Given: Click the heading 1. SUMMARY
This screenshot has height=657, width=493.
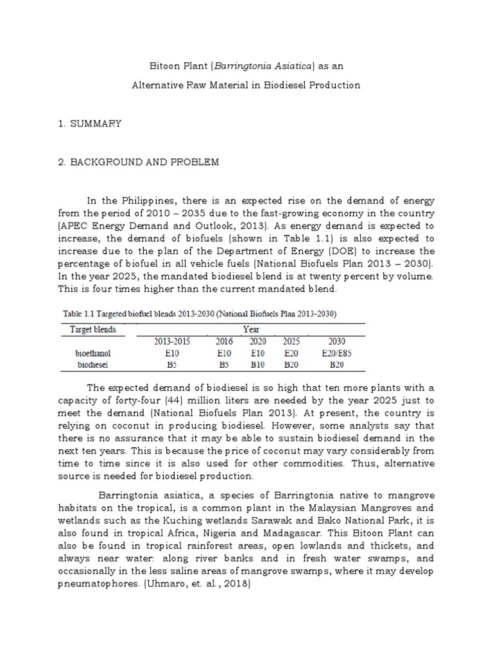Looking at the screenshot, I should point(89,123).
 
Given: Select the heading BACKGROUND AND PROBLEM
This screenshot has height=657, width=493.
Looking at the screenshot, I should point(144,162).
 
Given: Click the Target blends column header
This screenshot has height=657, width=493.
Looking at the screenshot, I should point(89,329).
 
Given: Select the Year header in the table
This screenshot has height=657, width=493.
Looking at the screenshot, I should point(251,329).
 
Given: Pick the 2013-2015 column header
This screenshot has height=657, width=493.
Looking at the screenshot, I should point(173,341).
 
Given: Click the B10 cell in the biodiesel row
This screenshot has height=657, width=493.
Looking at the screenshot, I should point(259,364).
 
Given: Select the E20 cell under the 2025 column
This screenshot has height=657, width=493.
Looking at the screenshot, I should point(291,353).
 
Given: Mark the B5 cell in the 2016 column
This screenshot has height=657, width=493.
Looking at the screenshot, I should point(224,364).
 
